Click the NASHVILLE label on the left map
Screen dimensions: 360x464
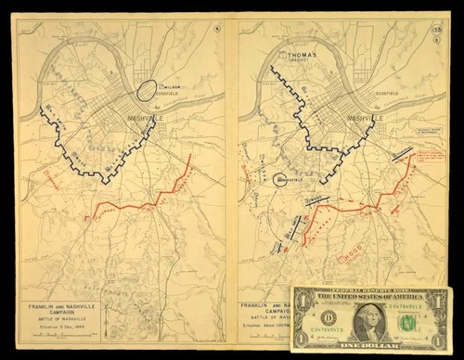click(128, 118)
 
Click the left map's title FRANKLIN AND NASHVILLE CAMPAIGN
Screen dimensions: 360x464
click(60, 305)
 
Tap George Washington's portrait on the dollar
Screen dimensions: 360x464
click(369, 321)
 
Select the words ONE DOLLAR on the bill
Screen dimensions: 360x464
click(370, 347)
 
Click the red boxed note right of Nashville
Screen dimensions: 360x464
click(432, 151)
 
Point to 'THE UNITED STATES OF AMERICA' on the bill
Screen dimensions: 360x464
click(371, 298)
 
